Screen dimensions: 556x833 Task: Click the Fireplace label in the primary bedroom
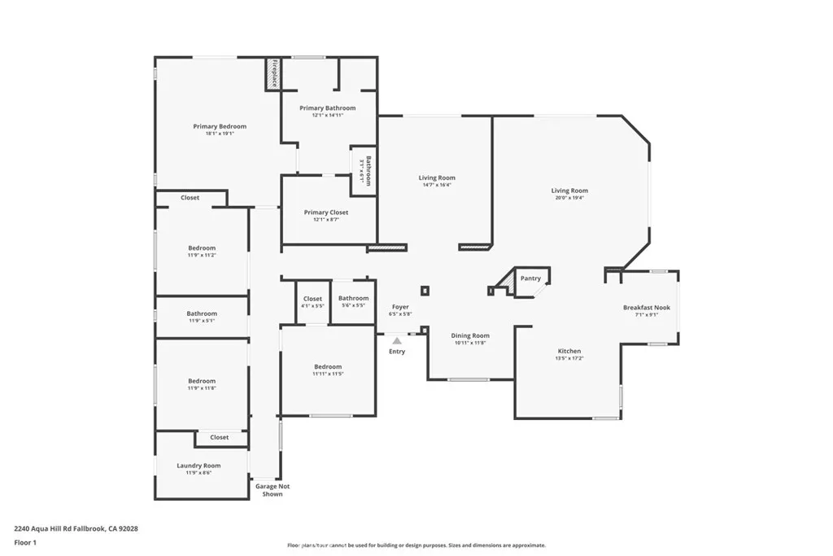pyautogui.click(x=274, y=74)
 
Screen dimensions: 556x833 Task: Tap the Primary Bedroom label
pyautogui.click(x=220, y=126)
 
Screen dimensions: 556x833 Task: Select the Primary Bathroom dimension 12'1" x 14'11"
pyautogui.click(x=327, y=116)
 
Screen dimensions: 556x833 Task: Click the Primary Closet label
pyautogui.click(x=326, y=212)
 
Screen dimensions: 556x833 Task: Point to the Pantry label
pyautogui.click(x=530, y=278)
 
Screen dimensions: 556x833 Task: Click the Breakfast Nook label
pyautogui.click(x=647, y=307)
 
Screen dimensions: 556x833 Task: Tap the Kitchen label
pyautogui.click(x=569, y=351)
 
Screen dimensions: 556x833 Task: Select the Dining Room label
pyautogui.click(x=470, y=335)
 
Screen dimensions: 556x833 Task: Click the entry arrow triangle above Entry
pyautogui.click(x=396, y=341)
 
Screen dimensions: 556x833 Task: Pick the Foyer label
pyautogui.click(x=400, y=306)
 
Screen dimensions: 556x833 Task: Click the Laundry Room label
pyautogui.click(x=198, y=466)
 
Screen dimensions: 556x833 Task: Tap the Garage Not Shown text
pyautogui.click(x=273, y=490)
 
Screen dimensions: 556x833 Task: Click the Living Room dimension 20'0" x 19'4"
pyautogui.click(x=569, y=198)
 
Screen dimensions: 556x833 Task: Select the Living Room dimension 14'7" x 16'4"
pyautogui.click(x=437, y=185)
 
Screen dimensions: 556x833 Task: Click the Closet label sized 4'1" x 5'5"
pyautogui.click(x=312, y=306)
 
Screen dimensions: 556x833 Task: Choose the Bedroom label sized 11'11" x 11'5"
pyautogui.click(x=328, y=366)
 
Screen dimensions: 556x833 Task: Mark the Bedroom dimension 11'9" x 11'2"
pyautogui.click(x=202, y=255)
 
